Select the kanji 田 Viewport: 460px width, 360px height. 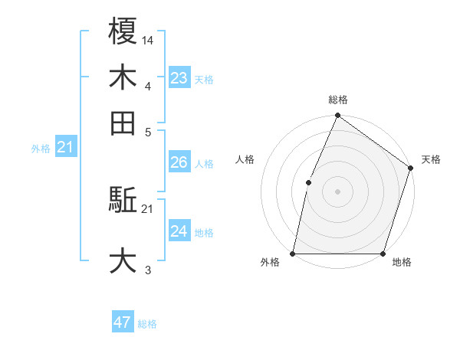coord(123,123)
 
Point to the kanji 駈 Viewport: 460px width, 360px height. coord(123,201)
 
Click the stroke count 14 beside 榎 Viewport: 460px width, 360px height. coord(148,39)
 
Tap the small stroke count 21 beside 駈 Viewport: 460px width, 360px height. coord(148,208)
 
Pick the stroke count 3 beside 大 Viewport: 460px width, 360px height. coord(148,270)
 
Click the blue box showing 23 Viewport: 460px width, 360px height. coord(179,77)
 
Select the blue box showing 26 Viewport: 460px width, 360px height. coord(179,162)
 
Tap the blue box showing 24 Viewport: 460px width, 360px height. coord(179,231)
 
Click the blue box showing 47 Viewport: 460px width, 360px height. coord(123,322)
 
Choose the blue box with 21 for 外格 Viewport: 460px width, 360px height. coord(65,147)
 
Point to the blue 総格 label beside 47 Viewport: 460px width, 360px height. coord(147,324)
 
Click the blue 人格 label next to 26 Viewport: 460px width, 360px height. coord(204,164)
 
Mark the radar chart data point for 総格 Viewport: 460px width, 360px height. coord(337,116)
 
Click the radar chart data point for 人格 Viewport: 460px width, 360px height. coord(308,182)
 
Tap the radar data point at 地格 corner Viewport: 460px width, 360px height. coord(383,254)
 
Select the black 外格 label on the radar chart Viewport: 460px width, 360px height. coord(270,263)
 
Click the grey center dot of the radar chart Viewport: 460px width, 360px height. coord(337,191)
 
